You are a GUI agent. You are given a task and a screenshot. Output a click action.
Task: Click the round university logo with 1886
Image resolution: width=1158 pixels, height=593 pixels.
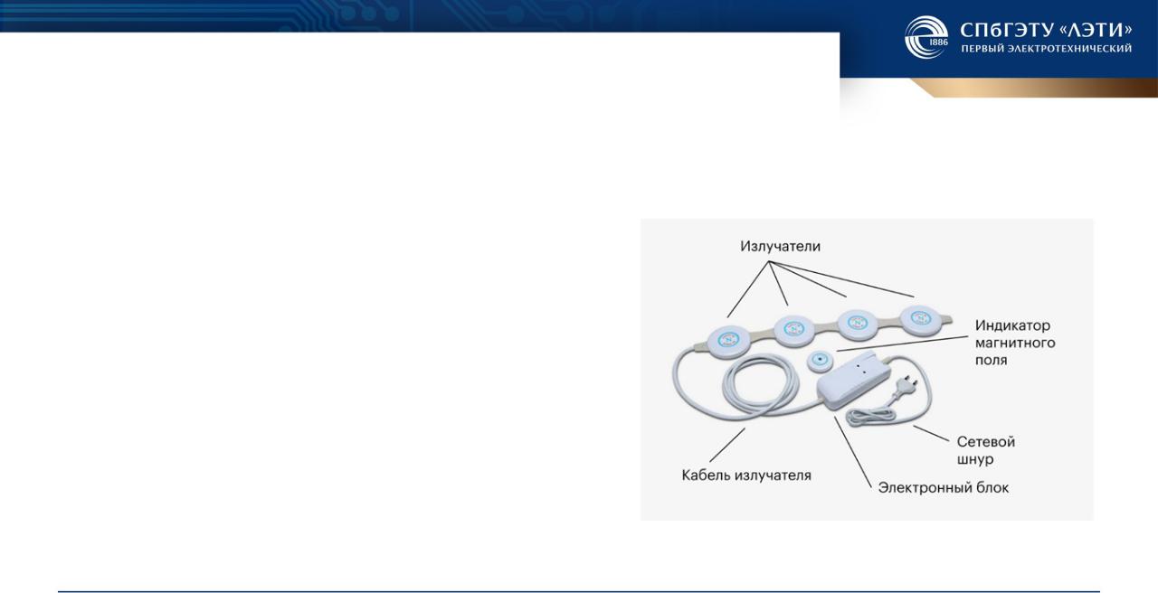click(x=926, y=37)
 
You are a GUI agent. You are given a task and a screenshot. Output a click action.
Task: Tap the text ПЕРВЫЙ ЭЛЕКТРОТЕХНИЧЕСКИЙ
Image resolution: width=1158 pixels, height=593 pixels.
click(x=1047, y=49)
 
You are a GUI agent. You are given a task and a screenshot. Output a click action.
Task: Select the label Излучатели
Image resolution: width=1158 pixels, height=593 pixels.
click(x=780, y=247)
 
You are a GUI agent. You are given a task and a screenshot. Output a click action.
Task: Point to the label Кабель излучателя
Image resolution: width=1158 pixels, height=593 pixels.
click(x=746, y=475)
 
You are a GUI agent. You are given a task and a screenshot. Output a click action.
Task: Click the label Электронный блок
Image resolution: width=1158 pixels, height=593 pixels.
click(x=944, y=487)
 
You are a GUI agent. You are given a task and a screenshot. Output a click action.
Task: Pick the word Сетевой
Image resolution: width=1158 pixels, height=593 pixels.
click(x=986, y=442)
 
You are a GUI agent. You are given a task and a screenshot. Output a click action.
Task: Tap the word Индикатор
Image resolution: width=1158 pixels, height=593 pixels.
click(x=1012, y=325)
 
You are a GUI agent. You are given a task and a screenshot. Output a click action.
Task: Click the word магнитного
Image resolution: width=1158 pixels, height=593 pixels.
click(x=1015, y=343)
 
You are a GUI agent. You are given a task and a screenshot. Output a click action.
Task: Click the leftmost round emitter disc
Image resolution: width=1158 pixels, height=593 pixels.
click(x=729, y=342)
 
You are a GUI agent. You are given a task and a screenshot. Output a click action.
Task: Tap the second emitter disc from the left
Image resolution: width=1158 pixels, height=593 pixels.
click(x=794, y=330)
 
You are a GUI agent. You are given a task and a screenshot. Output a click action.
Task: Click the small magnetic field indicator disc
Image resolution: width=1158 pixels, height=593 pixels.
click(x=821, y=361)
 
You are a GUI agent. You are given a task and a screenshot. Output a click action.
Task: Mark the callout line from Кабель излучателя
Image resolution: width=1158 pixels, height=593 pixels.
click(x=727, y=445)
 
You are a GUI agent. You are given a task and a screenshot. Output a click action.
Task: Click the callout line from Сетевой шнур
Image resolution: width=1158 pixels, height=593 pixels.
click(x=932, y=434)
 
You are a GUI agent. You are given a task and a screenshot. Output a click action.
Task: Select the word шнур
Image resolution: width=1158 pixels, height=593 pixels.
click(x=975, y=459)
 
